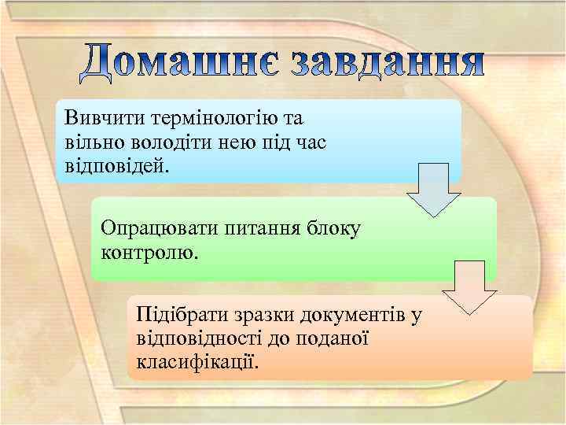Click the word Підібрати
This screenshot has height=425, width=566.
[x=180, y=316]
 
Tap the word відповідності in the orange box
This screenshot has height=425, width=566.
[x=198, y=339]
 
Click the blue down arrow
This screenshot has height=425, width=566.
[x=433, y=190]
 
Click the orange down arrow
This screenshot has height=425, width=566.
[x=469, y=287]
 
